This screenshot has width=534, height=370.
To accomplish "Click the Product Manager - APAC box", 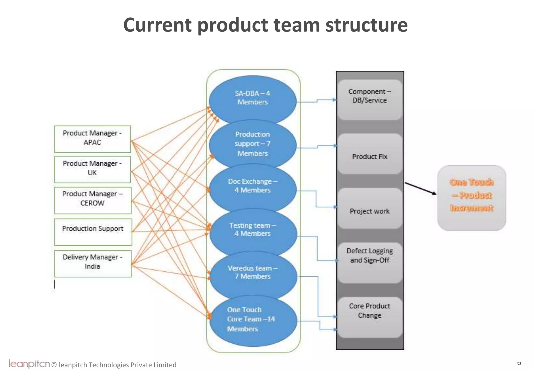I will coord(92,139).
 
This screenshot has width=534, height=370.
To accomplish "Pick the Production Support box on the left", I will coord(93,232).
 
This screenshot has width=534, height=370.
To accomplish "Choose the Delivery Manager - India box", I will coord(93,263).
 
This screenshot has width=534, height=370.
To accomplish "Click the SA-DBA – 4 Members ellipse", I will coord(252,98).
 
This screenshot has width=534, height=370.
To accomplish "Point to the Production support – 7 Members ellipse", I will coord(252,144).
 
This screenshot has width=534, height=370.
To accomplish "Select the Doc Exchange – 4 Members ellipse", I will coord(252,186).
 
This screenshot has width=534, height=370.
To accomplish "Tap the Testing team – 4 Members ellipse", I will coord(252,230).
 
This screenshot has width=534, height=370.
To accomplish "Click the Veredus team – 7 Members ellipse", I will coord(252,272).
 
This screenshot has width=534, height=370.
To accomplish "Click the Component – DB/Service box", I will coord(369,100).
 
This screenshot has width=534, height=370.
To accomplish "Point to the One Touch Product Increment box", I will coord(471,198).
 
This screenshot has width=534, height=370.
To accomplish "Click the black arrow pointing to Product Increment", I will coord(420,188).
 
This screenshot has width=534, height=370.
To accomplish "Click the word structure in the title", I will coord(366,25).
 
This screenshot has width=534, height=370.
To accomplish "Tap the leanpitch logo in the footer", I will coord(29,364).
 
